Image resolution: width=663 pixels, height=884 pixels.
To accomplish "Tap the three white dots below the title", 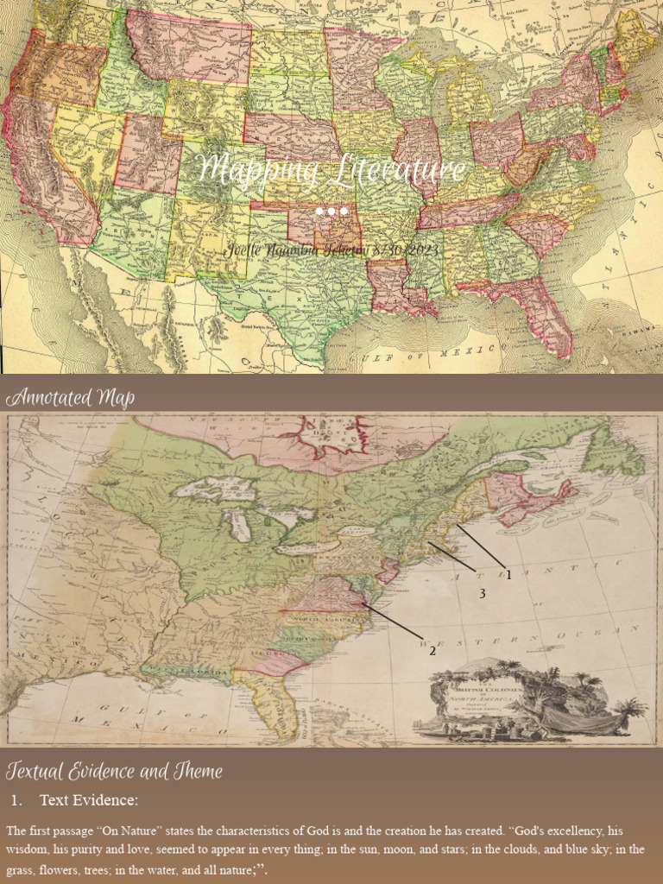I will pyautogui.click(x=331, y=212).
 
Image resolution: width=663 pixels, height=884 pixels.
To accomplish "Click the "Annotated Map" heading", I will pyautogui.click(x=70, y=398).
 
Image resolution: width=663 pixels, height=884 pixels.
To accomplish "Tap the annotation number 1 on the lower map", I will pyautogui.click(x=508, y=575).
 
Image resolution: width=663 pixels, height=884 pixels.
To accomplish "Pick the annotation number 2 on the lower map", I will pyautogui.click(x=433, y=650).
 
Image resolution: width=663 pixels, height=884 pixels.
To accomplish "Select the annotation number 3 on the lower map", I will pyautogui.click(x=483, y=593).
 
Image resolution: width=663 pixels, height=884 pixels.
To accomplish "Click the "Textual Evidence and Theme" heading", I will pyautogui.click(x=114, y=771).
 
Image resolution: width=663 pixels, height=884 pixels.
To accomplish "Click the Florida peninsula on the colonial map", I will pyautogui.click(x=281, y=704).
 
